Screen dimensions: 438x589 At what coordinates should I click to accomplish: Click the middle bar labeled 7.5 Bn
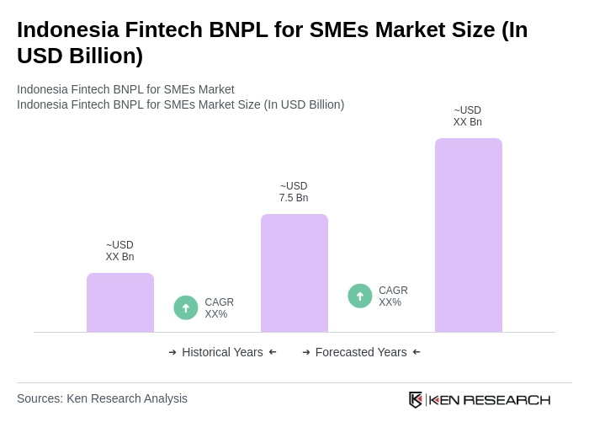pos(294,273)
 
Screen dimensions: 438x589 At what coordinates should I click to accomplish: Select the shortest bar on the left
pos(120,302)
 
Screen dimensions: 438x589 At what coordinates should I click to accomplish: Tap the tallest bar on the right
pos(468,235)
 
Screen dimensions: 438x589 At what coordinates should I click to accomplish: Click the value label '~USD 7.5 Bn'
pos(294,192)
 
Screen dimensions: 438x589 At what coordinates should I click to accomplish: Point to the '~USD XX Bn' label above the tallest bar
pos(468,116)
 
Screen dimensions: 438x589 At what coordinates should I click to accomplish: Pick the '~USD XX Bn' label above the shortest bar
pos(119,251)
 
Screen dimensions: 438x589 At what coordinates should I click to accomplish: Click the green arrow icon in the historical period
pos(186,307)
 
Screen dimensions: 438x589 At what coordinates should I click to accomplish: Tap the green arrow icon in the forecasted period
pos(360,296)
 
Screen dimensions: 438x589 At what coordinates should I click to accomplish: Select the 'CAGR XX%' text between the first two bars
pos(219,308)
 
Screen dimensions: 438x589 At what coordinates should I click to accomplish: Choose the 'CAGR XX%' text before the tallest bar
pos(393,296)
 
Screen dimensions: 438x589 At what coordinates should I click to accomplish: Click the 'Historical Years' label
pos(222,352)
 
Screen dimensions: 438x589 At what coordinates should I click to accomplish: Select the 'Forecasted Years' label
pos(361,352)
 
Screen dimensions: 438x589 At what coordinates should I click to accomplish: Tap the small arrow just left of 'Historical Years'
pos(172,352)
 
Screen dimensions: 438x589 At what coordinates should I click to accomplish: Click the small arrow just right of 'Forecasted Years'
pos(417,352)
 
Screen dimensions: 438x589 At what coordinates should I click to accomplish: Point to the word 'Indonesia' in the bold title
pos(66,29)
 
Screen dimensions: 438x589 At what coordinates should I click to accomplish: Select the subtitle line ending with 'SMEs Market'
pos(125,89)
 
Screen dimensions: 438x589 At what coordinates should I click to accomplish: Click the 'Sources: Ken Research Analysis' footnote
pos(102,398)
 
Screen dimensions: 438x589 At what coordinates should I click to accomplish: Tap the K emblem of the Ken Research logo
pos(416,399)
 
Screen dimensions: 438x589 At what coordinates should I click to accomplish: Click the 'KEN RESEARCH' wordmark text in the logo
pos(490,399)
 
